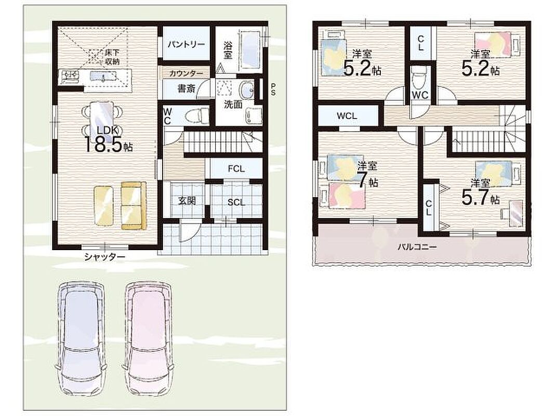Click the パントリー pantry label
point(186,44)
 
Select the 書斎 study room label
point(186,88)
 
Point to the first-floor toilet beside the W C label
point(197,115)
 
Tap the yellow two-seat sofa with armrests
point(134,206)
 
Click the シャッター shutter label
point(105,257)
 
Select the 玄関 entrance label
point(187,201)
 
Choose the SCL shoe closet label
point(236,202)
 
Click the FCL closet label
point(236,169)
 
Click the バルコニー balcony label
point(417,247)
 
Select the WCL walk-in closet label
point(347,116)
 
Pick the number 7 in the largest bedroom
point(362,180)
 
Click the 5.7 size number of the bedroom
point(475,197)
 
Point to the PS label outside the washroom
point(273,89)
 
